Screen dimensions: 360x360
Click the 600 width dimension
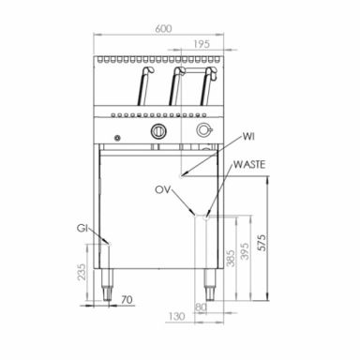coord(163,28)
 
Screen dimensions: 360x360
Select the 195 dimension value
coord(202,44)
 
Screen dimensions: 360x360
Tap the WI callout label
coord(248,137)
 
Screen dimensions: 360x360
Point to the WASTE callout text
coord(249,164)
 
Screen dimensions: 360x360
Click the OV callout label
coord(163,189)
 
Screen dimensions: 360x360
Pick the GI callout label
coord(82,229)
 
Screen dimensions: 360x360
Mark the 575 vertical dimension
coord(262,242)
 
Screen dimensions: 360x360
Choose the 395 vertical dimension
coord(246,251)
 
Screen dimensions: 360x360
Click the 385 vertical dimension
coord(231,258)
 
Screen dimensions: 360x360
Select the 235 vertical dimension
coord(82,272)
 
